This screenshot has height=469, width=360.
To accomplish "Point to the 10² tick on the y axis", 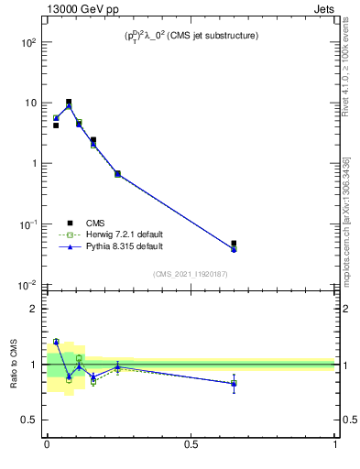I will pos(28,42).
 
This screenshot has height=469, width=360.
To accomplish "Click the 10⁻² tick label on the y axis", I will pos(28,285).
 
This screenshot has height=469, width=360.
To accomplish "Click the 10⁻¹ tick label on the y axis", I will pos(28,224).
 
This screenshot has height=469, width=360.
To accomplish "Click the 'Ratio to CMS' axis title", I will pos(15,364).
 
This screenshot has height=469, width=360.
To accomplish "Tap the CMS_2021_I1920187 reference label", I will pos(191,273).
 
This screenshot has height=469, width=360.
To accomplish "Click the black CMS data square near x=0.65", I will pos(235,244).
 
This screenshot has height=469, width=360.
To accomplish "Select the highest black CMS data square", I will pos(69,102).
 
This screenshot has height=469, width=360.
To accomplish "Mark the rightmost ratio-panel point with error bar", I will pos(235,384).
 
